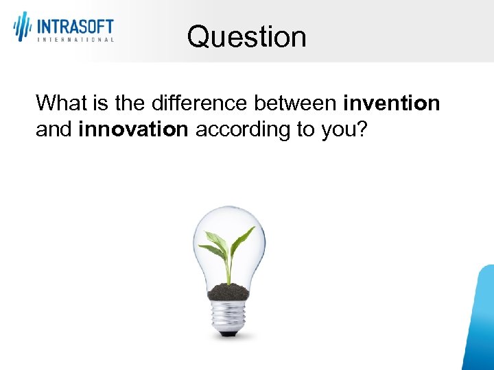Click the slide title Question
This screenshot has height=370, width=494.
(246, 36)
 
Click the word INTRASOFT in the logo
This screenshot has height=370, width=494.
(75, 27)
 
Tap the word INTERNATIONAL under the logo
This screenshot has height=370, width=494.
(75, 40)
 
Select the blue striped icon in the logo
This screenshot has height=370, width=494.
(23, 26)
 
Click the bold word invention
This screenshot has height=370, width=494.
(392, 103)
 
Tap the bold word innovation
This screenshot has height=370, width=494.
(133, 129)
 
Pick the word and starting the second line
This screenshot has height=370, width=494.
(54, 129)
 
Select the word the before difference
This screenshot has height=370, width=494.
(134, 103)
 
